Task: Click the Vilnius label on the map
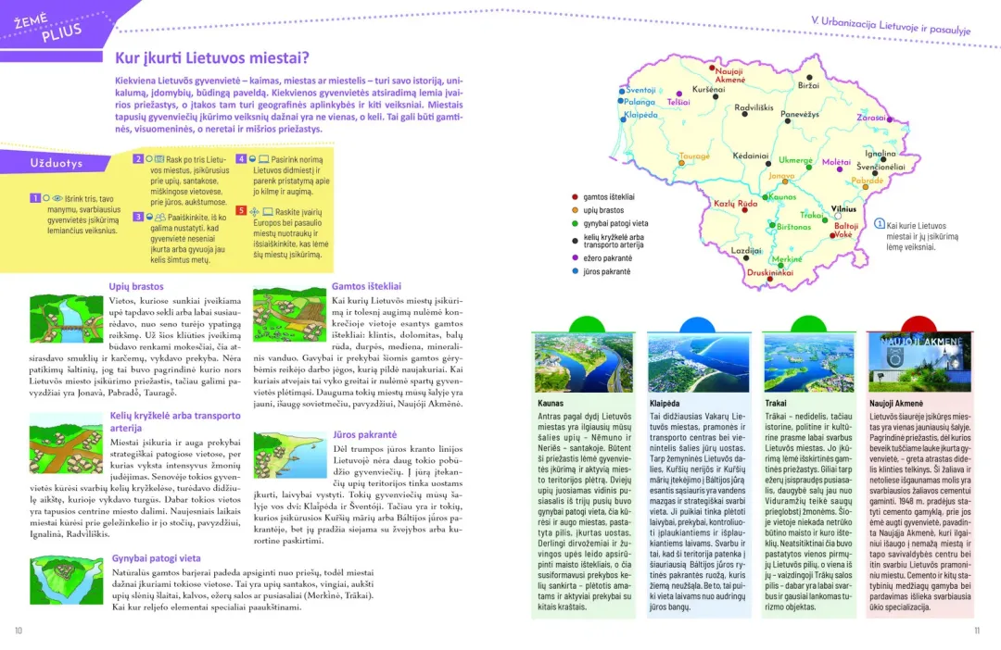point(843,209)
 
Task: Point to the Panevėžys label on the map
point(799,114)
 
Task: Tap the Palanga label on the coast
point(639,102)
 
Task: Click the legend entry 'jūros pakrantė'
point(607,271)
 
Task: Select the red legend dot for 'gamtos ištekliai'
point(575,196)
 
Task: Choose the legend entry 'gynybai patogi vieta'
point(615,223)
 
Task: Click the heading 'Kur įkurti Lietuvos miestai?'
point(211,57)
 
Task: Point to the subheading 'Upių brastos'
point(135,287)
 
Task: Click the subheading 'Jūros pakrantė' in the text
point(364,434)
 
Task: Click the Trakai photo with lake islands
point(796,362)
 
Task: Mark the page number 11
point(976,631)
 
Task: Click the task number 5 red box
point(241,210)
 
